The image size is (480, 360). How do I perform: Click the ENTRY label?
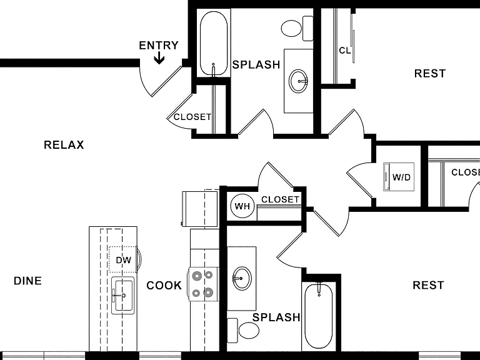click(x=159, y=45)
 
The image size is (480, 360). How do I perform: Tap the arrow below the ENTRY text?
click(x=159, y=58)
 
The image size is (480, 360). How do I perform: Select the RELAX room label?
click(x=64, y=145)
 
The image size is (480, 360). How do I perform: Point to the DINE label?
click(x=27, y=281)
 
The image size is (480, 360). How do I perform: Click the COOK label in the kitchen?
click(x=164, y=285)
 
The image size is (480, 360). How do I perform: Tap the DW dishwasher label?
click(x=123, y=260)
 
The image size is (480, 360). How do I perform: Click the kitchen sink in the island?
click(x=123, y=296)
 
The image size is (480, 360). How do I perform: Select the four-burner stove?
click(x=203, y=284)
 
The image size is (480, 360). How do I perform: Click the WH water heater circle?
click(x=242, y=206)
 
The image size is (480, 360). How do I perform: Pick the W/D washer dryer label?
click(x=401, y=177)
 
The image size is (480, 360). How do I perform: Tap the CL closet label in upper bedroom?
click(x=345, y=51)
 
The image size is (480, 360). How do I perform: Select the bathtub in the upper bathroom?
click(x=214, y=43)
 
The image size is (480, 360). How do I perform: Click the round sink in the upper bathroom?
click(x=299, y=81)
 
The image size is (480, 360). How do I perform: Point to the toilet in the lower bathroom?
click(x=243, y=331)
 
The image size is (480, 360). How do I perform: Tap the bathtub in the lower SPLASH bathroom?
click(x=319, y=316)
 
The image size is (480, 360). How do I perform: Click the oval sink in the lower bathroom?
click(x=242, y=278)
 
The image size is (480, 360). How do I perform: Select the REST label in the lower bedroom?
click(x=428, y=285)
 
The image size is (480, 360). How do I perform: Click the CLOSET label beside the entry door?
click(x=192, y=117)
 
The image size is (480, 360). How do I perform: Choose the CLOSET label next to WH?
click(x=280, y=199)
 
